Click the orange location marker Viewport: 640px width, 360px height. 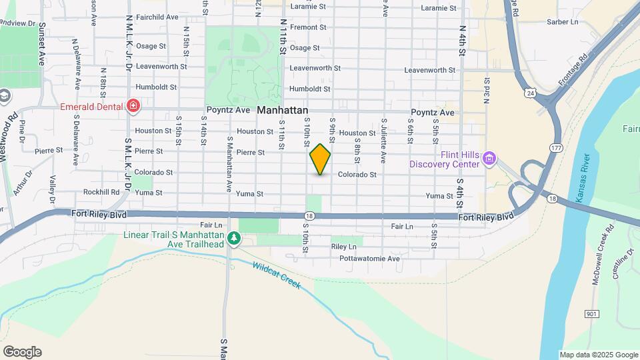(x=320, y=159)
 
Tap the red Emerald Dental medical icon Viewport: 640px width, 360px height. (x=133, y=106)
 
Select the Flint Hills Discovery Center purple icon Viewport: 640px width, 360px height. (x=490, y=159)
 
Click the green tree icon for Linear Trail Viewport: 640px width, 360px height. (x=233, y=238)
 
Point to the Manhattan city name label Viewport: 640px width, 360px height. (x=283, y=110)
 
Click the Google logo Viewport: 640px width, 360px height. (x=22, y=351)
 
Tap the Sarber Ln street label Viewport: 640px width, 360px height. (x=562, y=22)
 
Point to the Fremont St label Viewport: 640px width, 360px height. (x=307, y=27)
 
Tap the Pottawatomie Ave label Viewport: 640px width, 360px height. (x=369, y=258)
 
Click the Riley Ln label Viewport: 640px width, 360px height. (x=345, y=247)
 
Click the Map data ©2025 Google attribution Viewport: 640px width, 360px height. (x=598, y=355)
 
